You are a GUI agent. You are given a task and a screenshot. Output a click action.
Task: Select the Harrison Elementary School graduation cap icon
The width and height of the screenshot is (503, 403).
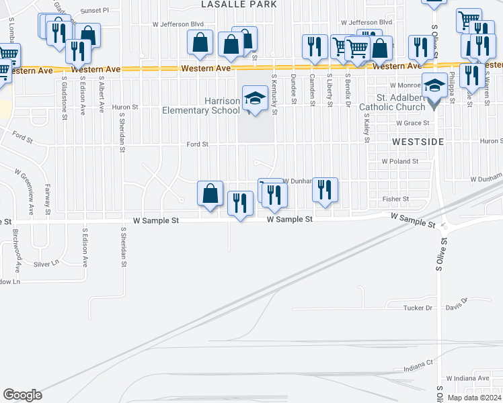tap(254, 99)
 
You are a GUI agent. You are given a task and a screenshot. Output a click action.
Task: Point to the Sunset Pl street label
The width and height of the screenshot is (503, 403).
tap(94, 11)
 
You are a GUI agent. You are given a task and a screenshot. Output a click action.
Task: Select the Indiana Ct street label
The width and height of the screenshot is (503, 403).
tap(418, 369)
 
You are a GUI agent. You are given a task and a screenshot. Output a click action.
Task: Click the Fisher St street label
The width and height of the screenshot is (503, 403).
tap(395, 199)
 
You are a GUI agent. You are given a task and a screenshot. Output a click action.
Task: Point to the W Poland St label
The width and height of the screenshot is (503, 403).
tap(399, 162)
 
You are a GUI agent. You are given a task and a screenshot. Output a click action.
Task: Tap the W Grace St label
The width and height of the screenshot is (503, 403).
tap(412, 124)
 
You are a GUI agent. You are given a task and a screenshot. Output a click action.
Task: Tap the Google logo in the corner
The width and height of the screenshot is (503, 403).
tap(22, 395)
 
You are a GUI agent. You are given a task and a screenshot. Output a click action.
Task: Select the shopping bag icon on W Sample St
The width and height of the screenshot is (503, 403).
tap(210, 193)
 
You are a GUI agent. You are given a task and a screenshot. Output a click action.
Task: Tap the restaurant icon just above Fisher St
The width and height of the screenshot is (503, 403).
tap(325, 190)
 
